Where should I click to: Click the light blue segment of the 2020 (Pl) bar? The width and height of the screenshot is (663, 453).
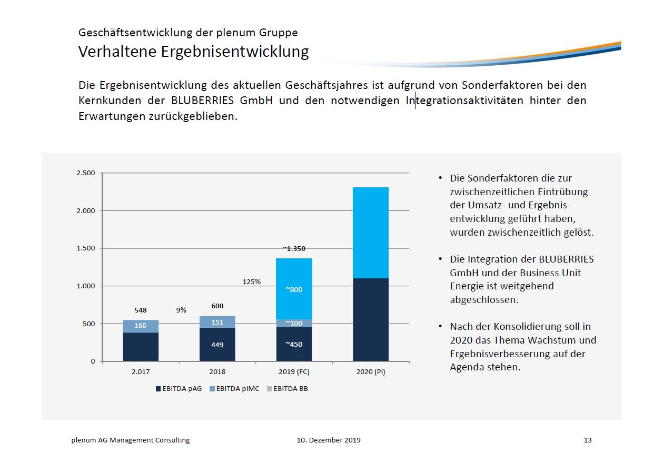click(371, 233)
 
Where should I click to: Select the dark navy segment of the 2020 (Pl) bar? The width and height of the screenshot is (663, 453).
click(371, 319)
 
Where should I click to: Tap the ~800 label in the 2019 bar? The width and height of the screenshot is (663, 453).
click(294, 289)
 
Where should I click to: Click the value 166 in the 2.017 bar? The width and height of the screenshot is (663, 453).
click(140, 326)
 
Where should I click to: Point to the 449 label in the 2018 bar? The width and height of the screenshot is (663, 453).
click(217, 345)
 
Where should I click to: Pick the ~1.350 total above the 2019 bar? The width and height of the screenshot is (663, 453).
click(294, 249)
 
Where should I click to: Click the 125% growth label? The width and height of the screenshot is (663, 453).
click(251, 281)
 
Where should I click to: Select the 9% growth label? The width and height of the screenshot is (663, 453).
click(181, 310)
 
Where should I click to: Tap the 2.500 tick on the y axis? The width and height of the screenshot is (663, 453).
click(86, 173)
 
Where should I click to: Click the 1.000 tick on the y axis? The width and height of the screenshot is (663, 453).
click(86, 286)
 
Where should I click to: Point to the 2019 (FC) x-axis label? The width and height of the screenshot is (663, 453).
click(294, 371)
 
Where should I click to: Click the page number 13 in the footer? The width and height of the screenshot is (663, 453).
click(588, 440)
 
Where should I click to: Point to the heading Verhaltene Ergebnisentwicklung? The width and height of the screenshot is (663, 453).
click(193, 52)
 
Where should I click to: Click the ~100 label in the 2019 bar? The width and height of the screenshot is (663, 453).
click(294, 323)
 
